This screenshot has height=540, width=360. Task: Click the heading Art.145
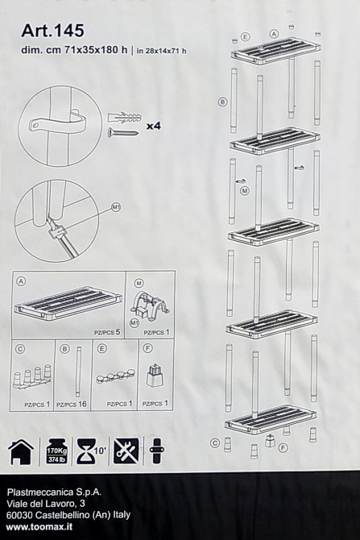[x=52, y=31]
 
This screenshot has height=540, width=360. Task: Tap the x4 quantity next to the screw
[x=154, y=126]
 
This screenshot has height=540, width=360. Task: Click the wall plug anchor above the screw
[x=124, y=118]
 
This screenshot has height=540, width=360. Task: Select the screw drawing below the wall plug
[x=123, y=132]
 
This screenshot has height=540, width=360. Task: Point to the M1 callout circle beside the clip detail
[x=116, y=207]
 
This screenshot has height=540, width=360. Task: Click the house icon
[x=21, y=451]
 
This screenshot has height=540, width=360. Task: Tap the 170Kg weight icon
[x=57, y=451]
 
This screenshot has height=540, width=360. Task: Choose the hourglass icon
[x=85, y=451]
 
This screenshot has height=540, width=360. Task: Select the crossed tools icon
[x=126, y=451]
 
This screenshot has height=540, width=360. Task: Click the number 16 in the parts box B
[x=82, y=404]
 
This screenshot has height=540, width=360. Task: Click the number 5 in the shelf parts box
[x=118, y=332]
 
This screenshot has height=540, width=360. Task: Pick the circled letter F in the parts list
[x=147, y=348]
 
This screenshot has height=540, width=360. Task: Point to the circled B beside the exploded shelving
[x=223, y=102]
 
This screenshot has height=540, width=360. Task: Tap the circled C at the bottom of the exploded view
[x=215, y=443]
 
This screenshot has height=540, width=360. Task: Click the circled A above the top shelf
[x=274, y=34]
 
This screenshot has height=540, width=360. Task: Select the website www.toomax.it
[x=39, y=526]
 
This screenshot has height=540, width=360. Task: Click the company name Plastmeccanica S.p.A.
[x=55, y=492]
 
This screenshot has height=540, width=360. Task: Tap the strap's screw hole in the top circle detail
[x=35, y=126]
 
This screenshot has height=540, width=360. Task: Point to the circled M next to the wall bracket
[x=245, y=190]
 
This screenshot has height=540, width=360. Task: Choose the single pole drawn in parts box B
[x=79, y=372]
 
